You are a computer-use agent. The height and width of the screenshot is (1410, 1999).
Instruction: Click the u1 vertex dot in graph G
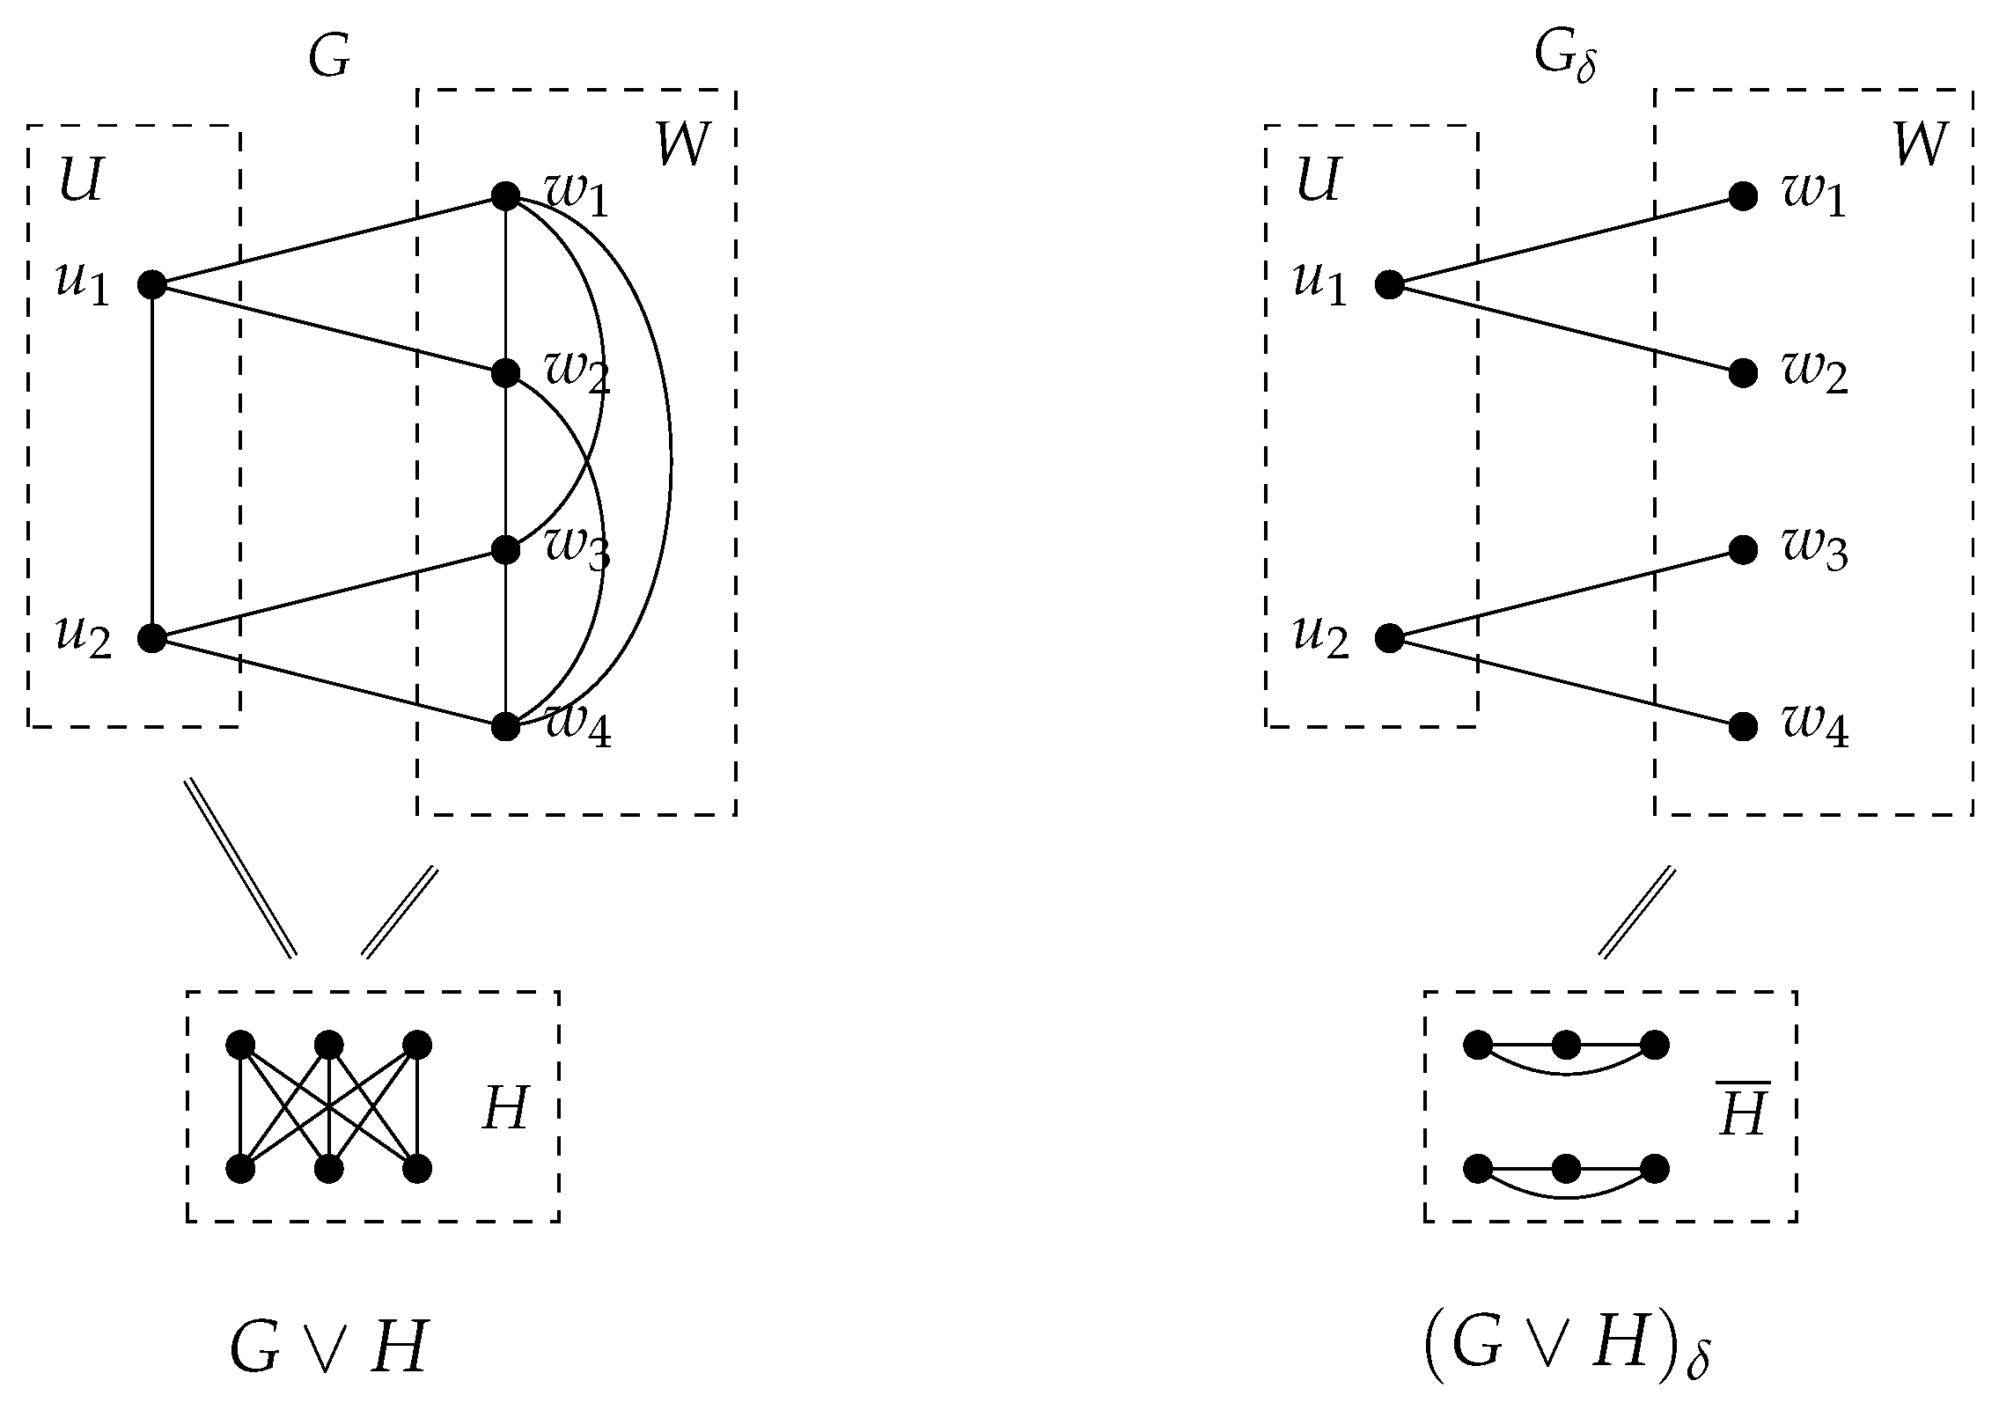click(x=152, y=285)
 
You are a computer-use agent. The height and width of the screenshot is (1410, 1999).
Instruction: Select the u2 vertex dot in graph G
click(x=152, y=638)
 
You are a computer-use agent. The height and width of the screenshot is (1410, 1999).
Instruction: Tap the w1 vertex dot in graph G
click(x=505, y=196)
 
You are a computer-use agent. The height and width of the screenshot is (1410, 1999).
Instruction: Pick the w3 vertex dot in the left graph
click(x=505, y=550)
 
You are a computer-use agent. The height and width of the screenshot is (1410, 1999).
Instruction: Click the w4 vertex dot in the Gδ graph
click(x=1743, y=727)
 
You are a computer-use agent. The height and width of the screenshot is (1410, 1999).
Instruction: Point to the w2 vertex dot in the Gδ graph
click(x=1743, y=373)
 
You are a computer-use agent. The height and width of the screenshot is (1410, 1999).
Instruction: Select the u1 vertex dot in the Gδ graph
click(x=1389, y=285)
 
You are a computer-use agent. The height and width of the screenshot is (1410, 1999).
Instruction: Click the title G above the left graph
click(x=329, y=58)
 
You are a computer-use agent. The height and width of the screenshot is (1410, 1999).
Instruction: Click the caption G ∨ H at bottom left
click(x=327, y=1348)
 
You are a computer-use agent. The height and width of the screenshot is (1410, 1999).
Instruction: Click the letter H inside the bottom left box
click(x=505, y=1108)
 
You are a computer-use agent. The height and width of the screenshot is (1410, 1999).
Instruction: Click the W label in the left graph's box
click(x=682, y=144)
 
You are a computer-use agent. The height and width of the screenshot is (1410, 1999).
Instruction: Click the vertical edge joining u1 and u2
click(x=152, y=458)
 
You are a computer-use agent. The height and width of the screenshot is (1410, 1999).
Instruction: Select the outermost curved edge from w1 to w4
click(x=671, y=461)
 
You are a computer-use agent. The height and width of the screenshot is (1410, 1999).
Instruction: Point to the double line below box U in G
click(x=239, y=868)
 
